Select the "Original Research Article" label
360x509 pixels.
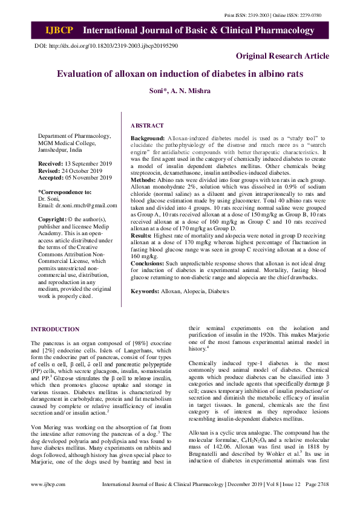(x=283, y=56)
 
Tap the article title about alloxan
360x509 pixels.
(x=180, y=74)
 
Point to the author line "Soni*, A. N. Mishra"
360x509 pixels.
(x=180, y=91)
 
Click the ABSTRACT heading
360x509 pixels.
(x=147, y=125)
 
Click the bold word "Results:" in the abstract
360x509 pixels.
(x=143, y=234)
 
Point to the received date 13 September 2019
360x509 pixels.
(x=88, y=164)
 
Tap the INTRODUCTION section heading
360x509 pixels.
(x=55, y=329)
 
